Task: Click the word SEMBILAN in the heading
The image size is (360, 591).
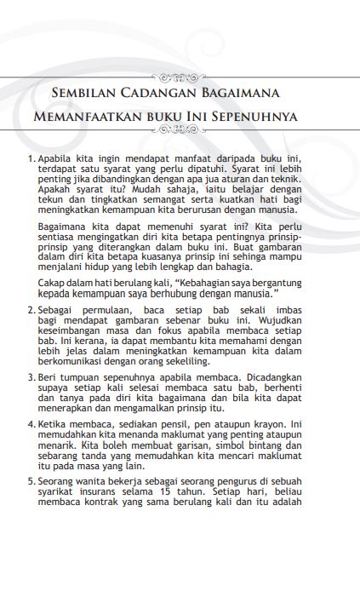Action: pos(82,93)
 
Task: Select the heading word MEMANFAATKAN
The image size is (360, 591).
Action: pos(94,115)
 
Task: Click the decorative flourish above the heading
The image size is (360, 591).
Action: pos(180,74)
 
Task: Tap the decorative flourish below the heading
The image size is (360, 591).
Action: pos(180,130)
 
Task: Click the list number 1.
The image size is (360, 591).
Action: pos(31,158)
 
